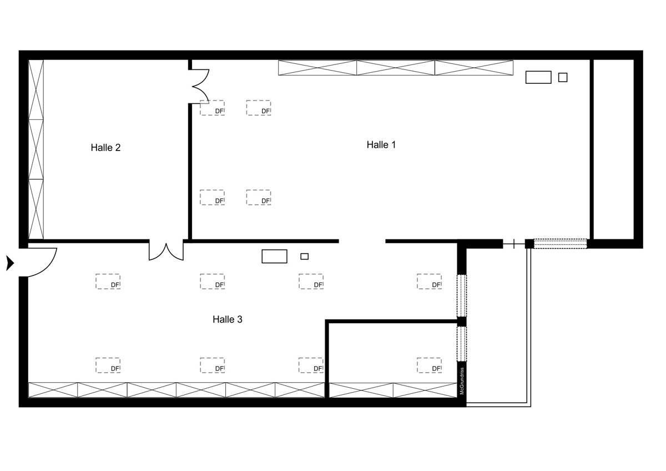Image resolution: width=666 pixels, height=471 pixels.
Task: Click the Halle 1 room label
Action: point(381,145)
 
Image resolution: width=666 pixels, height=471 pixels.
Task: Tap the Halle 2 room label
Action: point(105,148)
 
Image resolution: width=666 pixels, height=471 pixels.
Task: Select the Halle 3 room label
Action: point(228,319)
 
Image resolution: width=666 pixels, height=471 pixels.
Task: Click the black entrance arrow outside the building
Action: point(10,263)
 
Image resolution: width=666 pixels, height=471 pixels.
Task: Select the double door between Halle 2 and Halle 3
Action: point(166,252)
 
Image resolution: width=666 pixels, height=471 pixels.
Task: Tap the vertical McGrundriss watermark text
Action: point(462,381)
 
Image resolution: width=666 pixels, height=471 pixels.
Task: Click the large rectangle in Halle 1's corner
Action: point(538,77)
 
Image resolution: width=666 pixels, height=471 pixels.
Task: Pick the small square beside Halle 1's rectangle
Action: point(563,77)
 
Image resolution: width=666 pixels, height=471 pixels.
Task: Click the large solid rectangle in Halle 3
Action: point(274,256)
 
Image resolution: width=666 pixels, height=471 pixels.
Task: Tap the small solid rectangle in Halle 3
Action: point(304,256)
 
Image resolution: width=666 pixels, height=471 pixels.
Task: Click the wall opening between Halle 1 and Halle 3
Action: point(362,241)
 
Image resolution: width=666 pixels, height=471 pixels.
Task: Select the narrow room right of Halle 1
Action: point(613,149)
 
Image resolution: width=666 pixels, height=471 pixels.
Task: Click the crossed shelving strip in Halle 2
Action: point(36,149)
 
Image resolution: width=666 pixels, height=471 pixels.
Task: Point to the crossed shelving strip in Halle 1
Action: point(395,68)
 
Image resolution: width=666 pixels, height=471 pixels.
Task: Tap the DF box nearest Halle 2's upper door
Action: point(212,108)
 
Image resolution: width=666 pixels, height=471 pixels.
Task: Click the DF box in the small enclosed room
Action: point(429,365)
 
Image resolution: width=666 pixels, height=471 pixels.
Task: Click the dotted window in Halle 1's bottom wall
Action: point(560,244)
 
